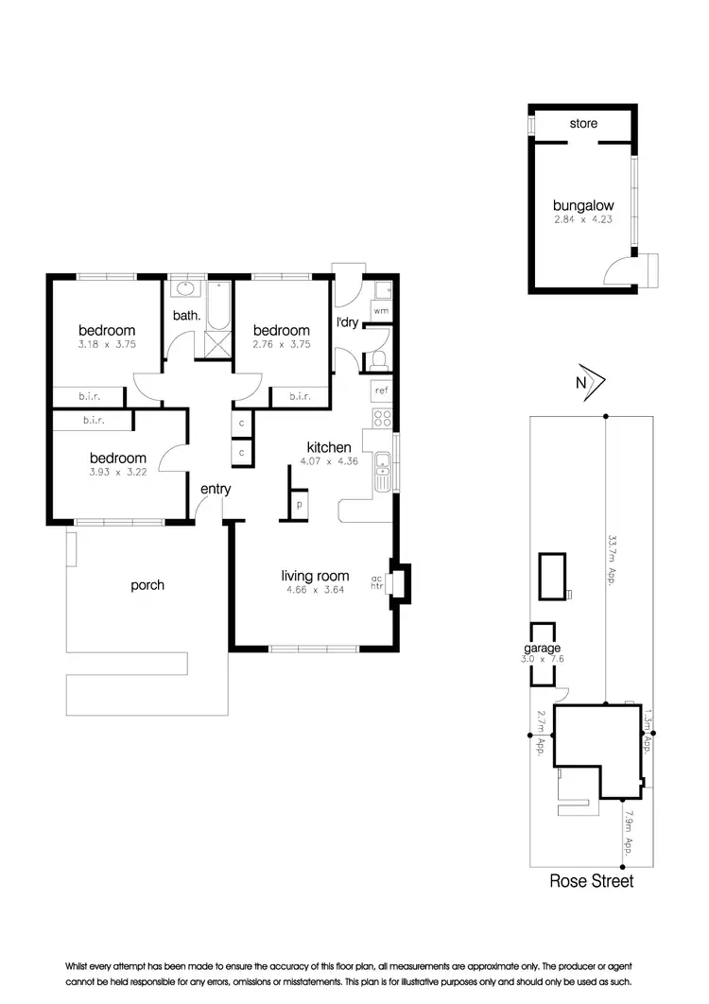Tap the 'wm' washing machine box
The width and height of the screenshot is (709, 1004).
381,310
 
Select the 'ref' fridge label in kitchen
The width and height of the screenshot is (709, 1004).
382,389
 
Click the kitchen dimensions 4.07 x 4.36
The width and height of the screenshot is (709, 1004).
329,462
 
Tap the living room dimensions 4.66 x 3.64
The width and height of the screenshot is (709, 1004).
315,591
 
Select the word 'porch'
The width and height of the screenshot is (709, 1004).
147,585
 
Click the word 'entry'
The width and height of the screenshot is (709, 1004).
216,489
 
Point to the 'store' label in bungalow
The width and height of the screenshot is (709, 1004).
582,124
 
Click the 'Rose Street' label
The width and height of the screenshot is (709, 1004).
592,881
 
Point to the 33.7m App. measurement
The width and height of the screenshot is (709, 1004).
614,561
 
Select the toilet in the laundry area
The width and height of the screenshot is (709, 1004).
378,359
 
